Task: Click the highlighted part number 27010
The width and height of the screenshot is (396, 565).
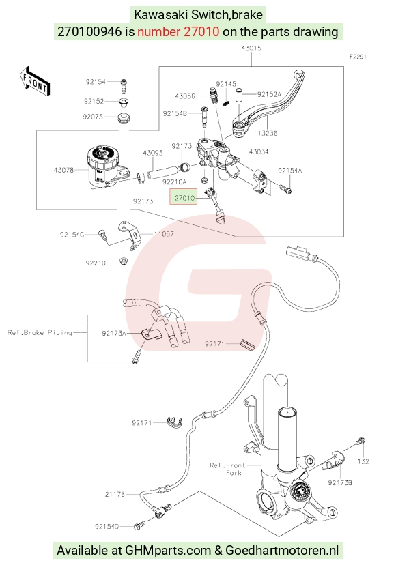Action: click(x=184, y=198)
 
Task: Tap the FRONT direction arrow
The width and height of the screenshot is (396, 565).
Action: click(x=35, y=81)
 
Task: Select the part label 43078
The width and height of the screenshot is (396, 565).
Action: click(x=63, y=170)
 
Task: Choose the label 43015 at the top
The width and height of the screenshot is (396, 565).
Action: click(x=251, y=48)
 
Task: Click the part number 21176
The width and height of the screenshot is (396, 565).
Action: click(x=115, y=494)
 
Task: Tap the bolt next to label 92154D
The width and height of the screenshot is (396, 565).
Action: click(x=139, y=526)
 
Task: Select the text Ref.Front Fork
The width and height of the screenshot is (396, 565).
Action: click(x=227, y=469)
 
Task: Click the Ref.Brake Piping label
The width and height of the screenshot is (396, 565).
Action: click(x=40, y=332)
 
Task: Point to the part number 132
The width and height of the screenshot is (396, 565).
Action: click(x=363, y=461)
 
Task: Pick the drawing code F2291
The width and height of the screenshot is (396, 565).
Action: click(x=358, y=57)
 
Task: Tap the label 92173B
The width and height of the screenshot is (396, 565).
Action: click(x=340, y=482)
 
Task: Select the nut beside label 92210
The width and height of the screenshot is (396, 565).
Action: click(x=123, y=261)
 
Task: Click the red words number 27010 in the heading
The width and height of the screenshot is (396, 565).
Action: click(x=178, y=31)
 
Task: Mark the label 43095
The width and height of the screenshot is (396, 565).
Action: click(x=153, y=153)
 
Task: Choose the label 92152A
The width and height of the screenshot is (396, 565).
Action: click(x=269, y=94)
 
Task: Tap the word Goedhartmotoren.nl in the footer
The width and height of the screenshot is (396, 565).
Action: click(x=282, y=550)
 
